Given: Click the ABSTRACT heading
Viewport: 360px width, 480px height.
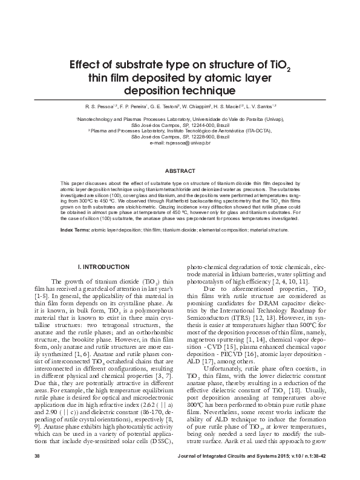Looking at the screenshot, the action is tap(180, 170).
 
